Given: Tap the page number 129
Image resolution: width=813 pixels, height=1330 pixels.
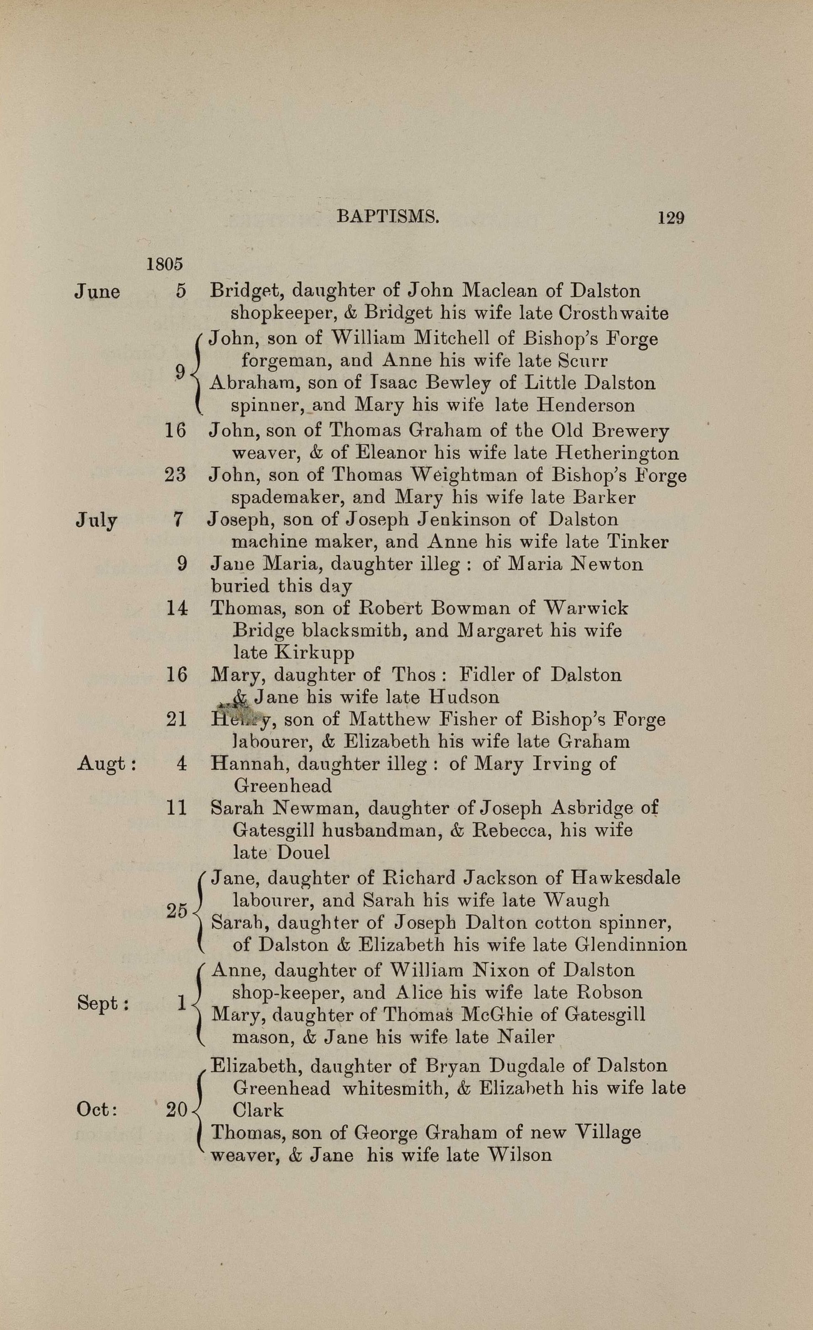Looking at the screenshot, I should [671, 218].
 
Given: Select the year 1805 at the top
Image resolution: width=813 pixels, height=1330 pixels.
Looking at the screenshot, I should [164, 265].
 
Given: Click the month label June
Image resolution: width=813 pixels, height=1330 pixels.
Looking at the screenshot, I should [97, 292].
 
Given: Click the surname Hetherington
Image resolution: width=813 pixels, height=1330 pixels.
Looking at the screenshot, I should [617, 453].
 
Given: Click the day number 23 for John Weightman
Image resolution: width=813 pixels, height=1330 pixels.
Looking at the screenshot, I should [175, 475].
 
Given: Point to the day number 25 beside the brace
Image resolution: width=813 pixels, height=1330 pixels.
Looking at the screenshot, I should [176, 911].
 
